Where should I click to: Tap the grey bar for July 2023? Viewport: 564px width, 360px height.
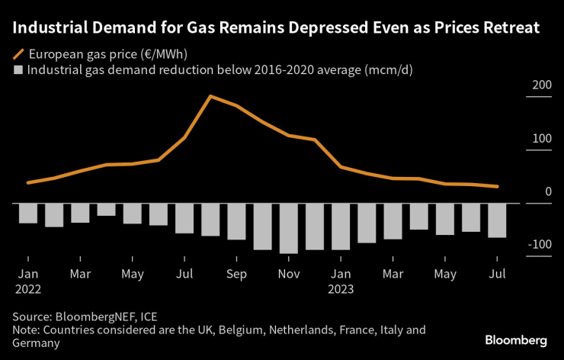click(x=497, y=220)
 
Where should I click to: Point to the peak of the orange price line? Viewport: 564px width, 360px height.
click(x=210, y=96)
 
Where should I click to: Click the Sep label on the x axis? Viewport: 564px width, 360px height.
click(x=236, y=273)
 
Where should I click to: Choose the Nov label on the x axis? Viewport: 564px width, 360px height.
click(x=288, y=273)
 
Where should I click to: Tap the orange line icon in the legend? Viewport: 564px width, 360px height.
click(x=18, y=54)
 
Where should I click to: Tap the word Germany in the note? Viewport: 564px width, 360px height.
click(x=36, y=343)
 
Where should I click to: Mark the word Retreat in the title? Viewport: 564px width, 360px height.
click(x=511, y=29)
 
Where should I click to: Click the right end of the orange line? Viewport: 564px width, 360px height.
click(x=498, y=186)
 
